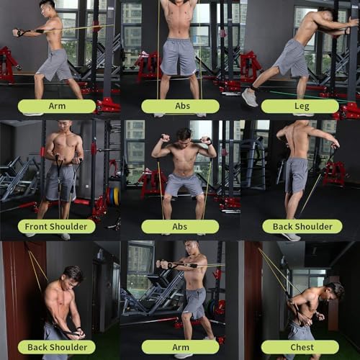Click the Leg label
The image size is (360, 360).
tap(300, 106)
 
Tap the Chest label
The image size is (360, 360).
tap(300, 347)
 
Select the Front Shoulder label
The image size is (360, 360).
tap(57, 226)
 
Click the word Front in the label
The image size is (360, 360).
tap(38, 226)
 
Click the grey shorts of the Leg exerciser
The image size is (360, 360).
tap(292, 58)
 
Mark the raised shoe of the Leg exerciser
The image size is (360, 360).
tap(249, 97)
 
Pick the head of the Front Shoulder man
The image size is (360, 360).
tap(65, 127)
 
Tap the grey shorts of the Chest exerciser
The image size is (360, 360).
tap(300, 333)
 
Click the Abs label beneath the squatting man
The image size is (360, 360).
tap(180, 226)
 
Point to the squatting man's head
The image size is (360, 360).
tap(184, 136)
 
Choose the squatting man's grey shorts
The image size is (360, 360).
tap(183, 184)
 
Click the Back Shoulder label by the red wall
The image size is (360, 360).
tap(57, 347)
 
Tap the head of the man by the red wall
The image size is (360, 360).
tap(73, 276)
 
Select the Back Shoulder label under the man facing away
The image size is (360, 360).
tap(302, 226)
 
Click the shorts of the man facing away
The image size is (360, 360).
tap(296, 176)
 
